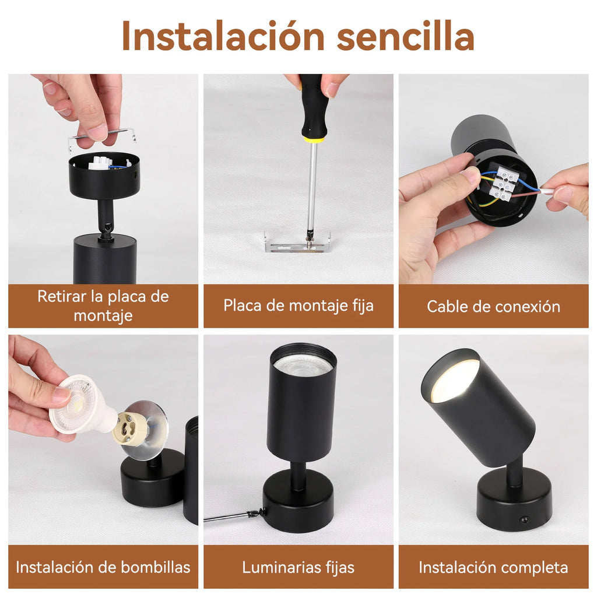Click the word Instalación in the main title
(223, 36)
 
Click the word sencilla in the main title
(406, 36)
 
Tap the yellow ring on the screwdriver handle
(313, 139)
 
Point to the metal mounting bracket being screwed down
(298, 244)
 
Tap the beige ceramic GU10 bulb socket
(131, 429)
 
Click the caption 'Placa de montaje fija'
(298, 306)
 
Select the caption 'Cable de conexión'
(493, 307)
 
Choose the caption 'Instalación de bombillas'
(103, 567)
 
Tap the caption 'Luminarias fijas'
(298, 567)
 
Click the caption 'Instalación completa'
(493, 567)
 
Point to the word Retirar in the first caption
(62, 297)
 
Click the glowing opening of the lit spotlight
(454, 380)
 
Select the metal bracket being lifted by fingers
(102, 139)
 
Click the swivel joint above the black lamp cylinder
(106, 230)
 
